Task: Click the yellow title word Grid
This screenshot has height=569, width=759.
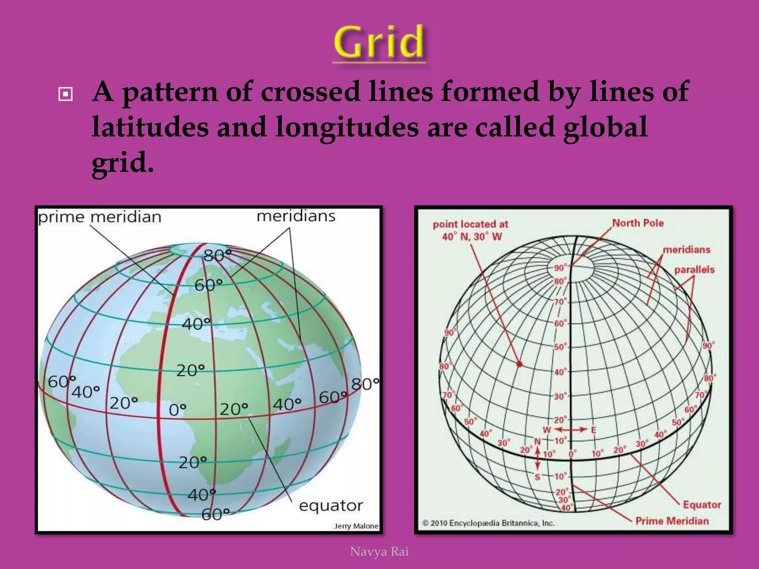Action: (379, 43)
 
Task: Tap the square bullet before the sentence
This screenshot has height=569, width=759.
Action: (66, 94)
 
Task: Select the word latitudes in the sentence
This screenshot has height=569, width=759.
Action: (150, 127)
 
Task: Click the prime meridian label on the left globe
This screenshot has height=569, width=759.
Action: (100, 217)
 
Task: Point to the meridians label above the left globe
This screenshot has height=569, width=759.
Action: (296, 216)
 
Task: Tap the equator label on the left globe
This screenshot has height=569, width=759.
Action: (331, 506)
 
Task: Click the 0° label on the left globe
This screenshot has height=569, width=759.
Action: (177, 410)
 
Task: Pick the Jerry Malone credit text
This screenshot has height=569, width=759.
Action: (356, 526)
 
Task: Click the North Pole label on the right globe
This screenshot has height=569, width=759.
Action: (637, 223)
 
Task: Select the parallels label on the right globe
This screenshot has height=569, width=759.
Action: (694, 270)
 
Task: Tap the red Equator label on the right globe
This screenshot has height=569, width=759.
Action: (702, 505)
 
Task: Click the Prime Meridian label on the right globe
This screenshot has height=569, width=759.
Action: (672, 521)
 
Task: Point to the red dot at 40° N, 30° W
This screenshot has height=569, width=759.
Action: (520, 364)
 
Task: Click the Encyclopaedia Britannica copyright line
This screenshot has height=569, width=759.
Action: (488, 523)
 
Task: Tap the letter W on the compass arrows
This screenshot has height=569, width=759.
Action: (547, 430)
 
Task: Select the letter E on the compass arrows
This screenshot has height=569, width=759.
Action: (593, 430)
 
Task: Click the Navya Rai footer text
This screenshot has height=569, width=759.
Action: (379, 552)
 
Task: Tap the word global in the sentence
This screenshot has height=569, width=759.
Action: (605, 127)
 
